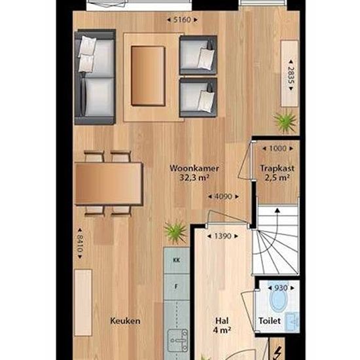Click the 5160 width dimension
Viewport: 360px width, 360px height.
click(x=182, y=20)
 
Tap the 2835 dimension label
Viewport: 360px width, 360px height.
click(x=291, y=75)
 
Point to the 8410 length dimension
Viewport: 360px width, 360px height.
click(x=80, y=243)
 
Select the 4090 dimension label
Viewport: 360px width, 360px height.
click(x=223, y=196)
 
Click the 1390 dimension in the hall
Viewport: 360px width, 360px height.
click(x=223, y=236)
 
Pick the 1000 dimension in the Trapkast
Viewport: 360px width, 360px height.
click(x=278, y=149)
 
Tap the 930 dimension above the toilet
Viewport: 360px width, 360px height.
click(x=281, y=288)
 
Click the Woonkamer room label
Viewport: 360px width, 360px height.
click(x=194, y=168)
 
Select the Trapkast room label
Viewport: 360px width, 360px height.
click(x=277, y=168)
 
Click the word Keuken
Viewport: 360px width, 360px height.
click(x=125, y=321)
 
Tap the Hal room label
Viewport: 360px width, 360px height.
click(x=222, y=321)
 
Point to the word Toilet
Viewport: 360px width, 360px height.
click(x=270, y=321)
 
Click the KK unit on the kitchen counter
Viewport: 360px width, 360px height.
click(x=176, y=260)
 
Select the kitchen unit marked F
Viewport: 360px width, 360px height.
click(x=176, y=287)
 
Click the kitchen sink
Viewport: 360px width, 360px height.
click(x=177, y=340)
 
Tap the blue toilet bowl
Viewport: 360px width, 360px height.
click(x=278, y=298)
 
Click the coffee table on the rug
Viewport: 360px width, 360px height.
click(x=148, y=76)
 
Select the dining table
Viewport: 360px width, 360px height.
click(x=109, y=183)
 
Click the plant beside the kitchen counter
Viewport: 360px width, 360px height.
click(x=175, y=232)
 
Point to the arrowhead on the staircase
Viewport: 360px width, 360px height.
click(x=278, y=210)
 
